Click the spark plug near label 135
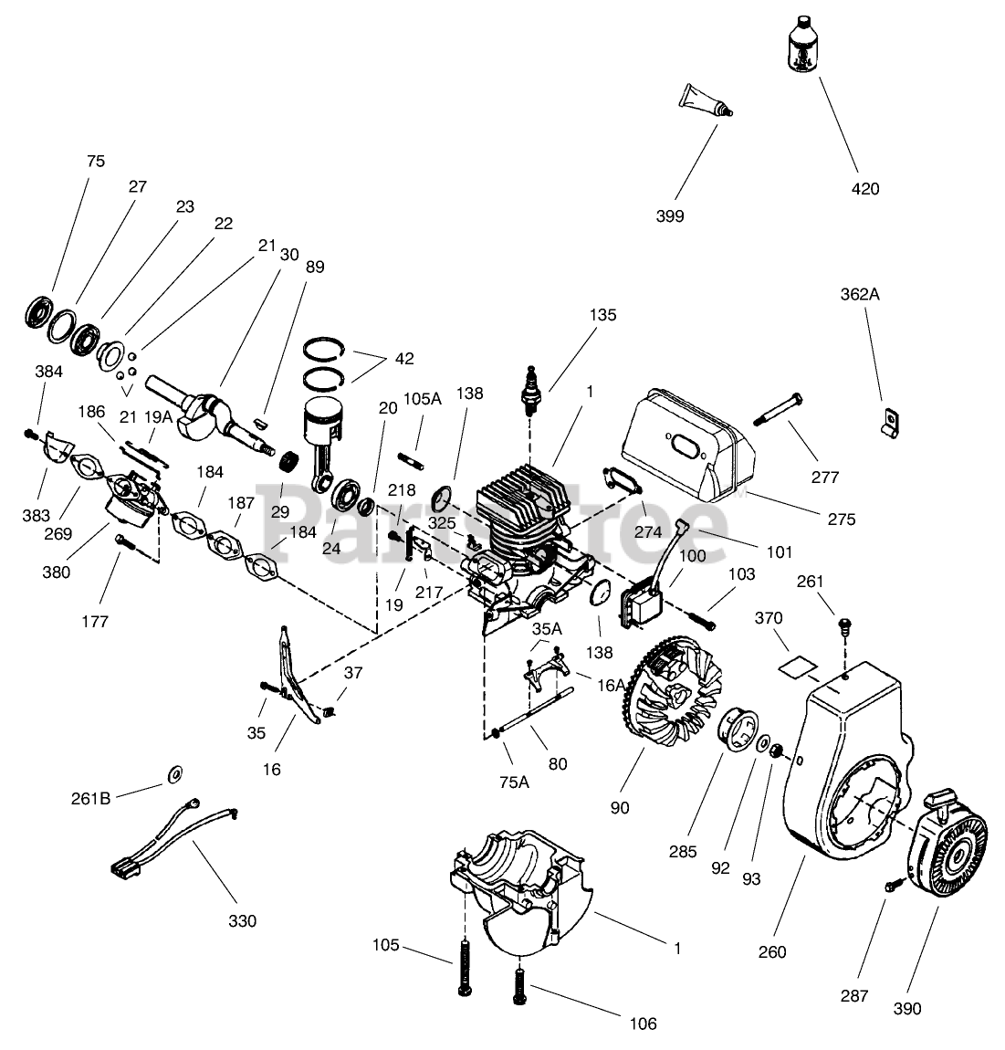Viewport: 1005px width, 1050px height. (x=531, y=391)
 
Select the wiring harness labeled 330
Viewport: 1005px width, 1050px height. (x=173, y=837)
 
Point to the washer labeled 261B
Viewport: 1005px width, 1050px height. (x=174, y=775)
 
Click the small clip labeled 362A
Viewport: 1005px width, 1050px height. (x=888, y=424)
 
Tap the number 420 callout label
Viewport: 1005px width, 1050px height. (x=865, y=189)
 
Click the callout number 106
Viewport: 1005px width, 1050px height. (x=643, y=1024)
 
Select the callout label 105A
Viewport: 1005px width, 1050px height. (x=422, y=399)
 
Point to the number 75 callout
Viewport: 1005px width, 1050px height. (x=96, y=162)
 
